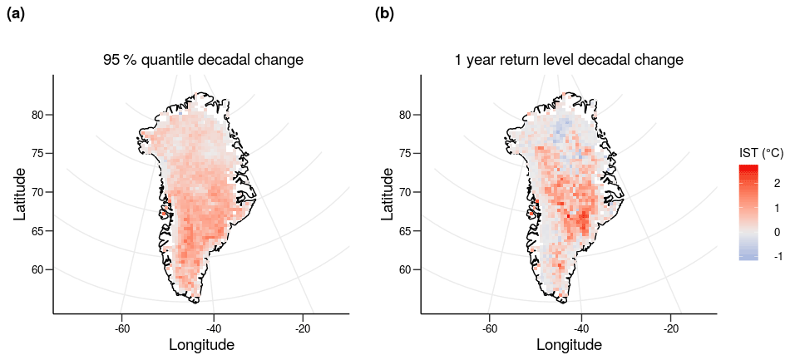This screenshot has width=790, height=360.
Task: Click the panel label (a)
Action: click(x=16, y=13)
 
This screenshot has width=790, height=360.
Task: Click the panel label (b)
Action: click(x=384, y=13)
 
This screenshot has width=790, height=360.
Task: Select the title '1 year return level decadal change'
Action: click(x=569, y=60)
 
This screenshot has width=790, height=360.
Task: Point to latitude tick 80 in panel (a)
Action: click(x=37, y=115)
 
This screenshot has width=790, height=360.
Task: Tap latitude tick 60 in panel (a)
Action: click(x=37, y=269)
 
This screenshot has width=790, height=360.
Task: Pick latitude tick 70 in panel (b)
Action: click(x=405, y=192)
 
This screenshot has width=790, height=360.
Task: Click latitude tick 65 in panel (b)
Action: click(x=405, y=230)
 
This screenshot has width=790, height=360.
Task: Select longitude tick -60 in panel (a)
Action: click(x=121, y=326)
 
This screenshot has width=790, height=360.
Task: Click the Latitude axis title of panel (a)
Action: click(x=20, y=194)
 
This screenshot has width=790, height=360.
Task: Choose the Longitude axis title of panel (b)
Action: click(x=569, y=344)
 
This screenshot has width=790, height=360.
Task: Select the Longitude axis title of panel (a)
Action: click(x=201, y=344)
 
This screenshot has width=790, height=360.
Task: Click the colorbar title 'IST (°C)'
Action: click(x=760, y=153)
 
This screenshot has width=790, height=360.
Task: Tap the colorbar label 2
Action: click(x=776, y=182)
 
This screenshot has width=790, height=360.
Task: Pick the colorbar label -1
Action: click(x=778, y=256)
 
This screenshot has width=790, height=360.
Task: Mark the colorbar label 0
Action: click(x=776, y=232)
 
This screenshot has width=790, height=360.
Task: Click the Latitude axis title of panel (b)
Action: click(x=388, y=194)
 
